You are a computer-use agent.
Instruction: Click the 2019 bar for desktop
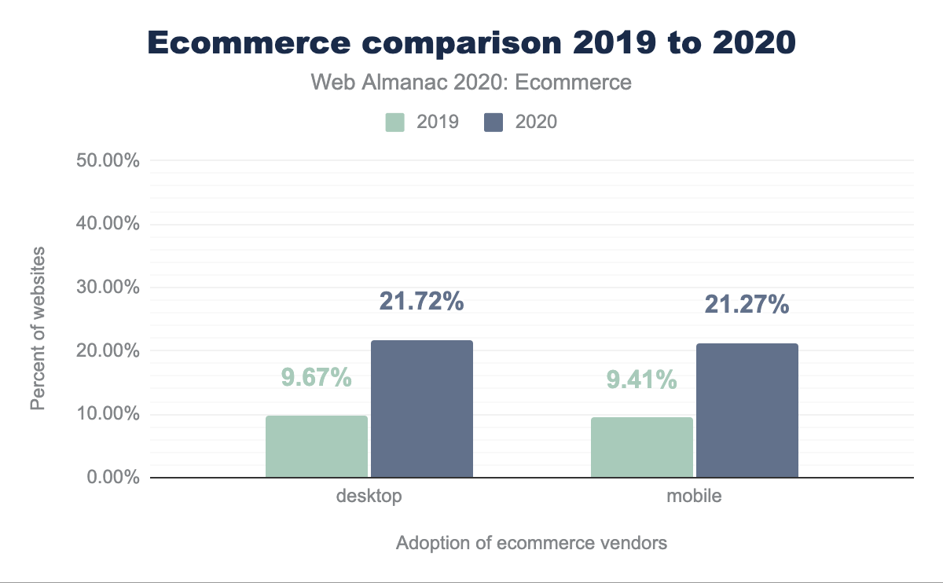pyautogui.click(x=317, y=446)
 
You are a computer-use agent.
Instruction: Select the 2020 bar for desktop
pyautogui.click(x=422, y=409)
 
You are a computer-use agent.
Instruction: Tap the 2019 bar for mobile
pyautogui.click(x=642, y=447)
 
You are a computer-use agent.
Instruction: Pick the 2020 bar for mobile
pyautogui.click(x=747, y=410)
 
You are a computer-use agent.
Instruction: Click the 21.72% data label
pyautogui.click(x=421, y=302)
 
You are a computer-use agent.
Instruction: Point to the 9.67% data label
pyautogui.click(x=316, y=378)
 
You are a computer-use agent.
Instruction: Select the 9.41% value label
pyautogui.click(x=641, y=380)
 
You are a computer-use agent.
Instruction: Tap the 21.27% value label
pyautogui.click(x=747, y=304)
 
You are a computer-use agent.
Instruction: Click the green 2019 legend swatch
pyautogui.click(x=394, y=122)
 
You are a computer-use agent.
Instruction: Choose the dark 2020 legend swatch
pyautogui.click(x=494, y=122)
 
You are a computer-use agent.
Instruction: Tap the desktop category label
pyautogui.click(x=369, y=497)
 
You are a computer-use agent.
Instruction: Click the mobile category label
pyautogui.click(x=694, y=497)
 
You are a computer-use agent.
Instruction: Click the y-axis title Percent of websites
pyautogui.click(x=38, y=328)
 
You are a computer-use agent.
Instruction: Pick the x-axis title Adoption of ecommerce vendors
pyautogui.click(x=531, y=543)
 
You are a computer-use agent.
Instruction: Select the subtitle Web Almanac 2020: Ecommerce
pyautogui.click(x=472, y=82)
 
